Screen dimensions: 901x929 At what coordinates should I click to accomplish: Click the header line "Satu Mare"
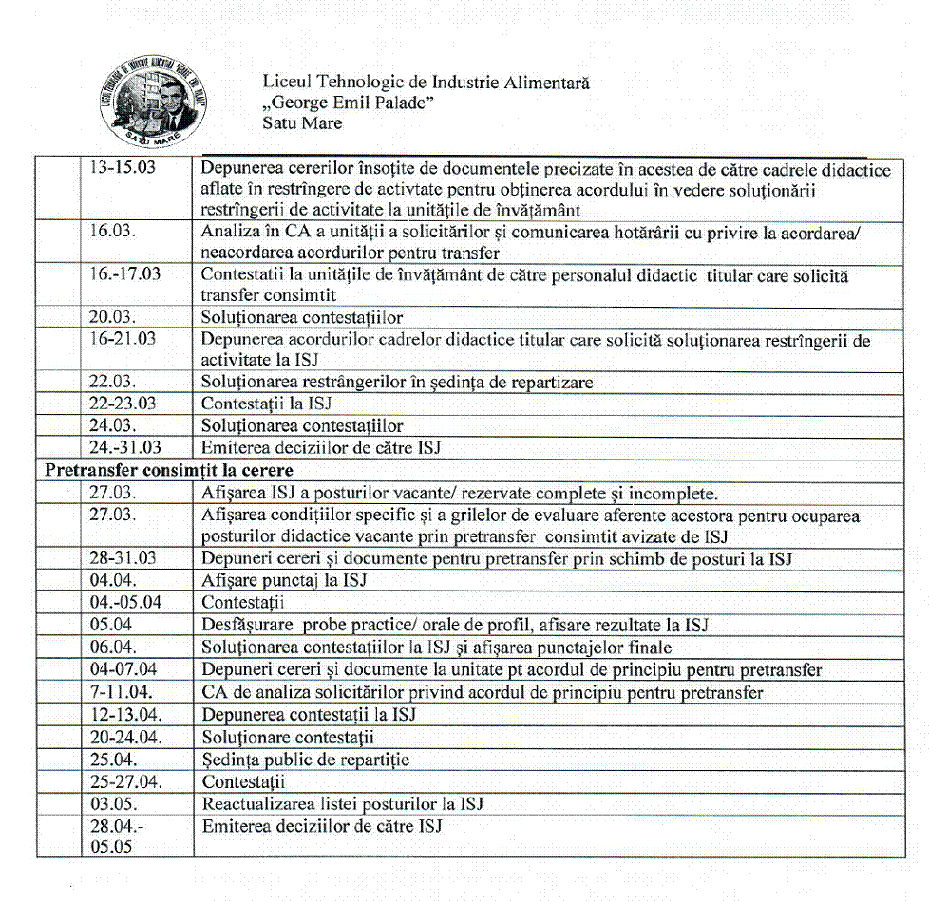click(302, 123)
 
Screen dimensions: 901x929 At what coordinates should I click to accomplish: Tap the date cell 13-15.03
click(123, 170)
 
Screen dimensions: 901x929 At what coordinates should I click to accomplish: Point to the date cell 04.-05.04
click(125, 602)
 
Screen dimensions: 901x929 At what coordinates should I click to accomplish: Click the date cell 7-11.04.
click(122, 692)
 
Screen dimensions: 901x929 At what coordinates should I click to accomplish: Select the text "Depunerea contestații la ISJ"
click(309, 714)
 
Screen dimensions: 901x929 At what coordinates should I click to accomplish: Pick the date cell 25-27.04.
click(126, 782)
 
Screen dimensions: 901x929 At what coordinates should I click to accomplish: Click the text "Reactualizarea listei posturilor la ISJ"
click(343, 804)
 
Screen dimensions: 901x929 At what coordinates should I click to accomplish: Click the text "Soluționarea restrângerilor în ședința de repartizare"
click(397, 383)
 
